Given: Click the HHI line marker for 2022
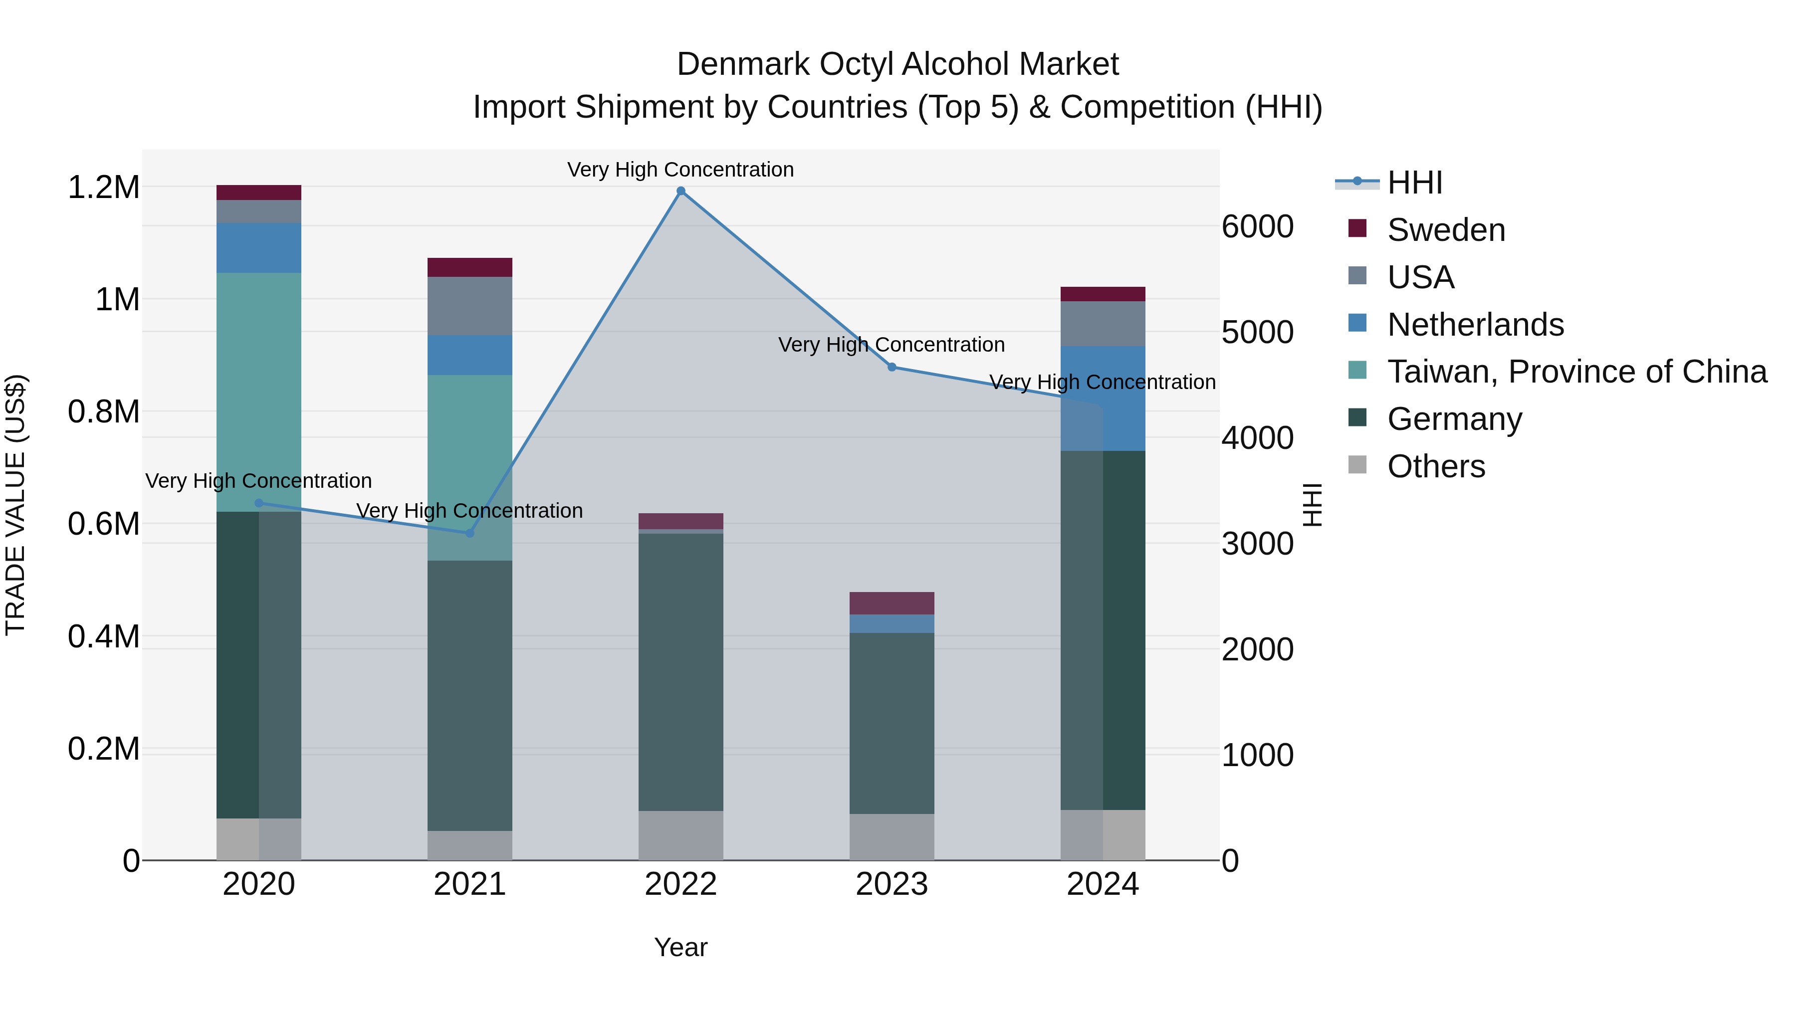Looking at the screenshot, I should point(680,191).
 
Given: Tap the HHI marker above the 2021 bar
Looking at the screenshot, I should point(469,533).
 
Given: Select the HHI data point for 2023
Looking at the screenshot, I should point(892,367).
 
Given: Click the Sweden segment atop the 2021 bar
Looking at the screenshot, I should point(469,267).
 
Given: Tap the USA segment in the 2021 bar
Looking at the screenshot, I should point(469,306).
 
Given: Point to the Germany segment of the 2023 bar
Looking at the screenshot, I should point(892,723).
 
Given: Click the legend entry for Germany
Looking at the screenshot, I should point(1454,419).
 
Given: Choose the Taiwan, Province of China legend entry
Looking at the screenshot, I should point(1576,372).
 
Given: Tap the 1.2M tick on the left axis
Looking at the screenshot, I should point(103,188).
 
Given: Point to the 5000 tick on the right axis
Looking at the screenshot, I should point(1257,333).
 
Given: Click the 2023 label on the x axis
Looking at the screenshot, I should point(892,884).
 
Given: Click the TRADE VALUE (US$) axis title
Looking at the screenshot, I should point(15,505).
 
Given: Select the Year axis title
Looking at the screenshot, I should point(680,947).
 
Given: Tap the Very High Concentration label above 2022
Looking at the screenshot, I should point(680,170).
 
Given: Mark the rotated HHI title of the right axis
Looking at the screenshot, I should point(1312,505).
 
